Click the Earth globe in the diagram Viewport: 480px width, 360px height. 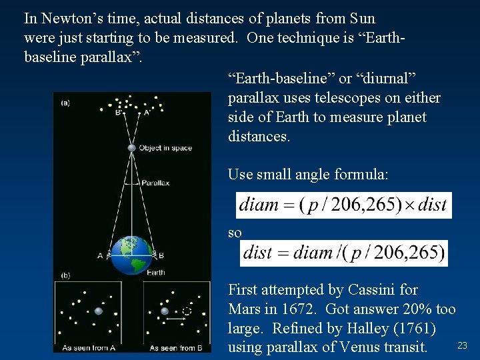131,255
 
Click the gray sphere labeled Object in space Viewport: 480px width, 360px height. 132,148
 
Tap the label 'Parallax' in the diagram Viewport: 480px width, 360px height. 156,183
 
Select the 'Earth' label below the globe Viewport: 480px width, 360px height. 155,272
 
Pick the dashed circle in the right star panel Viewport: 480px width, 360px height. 187,311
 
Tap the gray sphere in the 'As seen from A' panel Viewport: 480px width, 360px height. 99,311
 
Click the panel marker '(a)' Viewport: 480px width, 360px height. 65,103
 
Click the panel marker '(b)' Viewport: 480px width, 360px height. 65,275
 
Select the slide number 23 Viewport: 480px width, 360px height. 462,345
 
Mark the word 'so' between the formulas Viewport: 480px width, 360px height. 235,233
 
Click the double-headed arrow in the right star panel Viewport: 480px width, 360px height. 175,319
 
